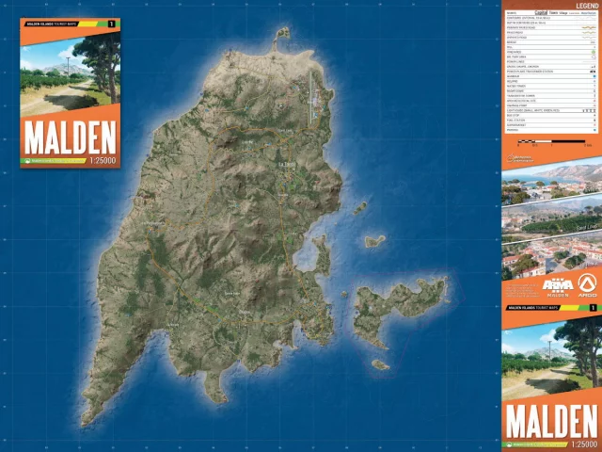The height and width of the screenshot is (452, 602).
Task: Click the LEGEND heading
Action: (x=577, y=5)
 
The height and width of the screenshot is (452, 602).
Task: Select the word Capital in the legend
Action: (x=541, y=12)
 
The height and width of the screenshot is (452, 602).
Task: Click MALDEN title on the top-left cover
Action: (x=69, y=137)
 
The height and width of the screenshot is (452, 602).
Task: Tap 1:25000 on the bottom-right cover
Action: (x=581, y=444)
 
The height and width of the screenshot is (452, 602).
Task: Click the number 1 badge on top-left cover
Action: (x=113, y=23)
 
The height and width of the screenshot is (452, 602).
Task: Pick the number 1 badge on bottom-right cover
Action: (x=593, y=308)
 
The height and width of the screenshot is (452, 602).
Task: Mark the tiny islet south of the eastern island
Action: (x=380, y=364)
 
